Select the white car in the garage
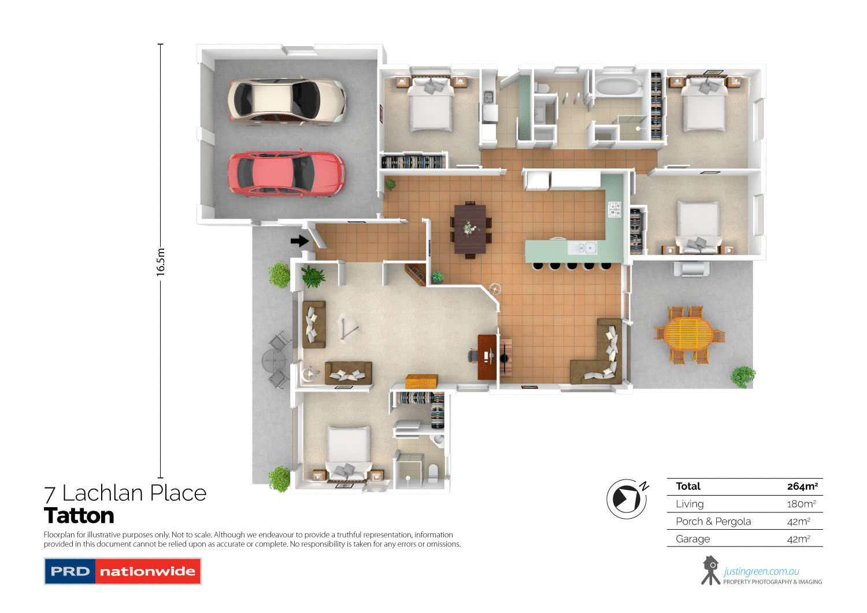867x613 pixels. click(287, 101)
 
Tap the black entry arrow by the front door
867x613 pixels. click(299, 241)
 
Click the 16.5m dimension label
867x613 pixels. click(161, 261)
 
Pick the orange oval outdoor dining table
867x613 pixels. click(688, 334)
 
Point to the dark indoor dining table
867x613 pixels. click(470, 229)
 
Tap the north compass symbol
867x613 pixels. click(627, 498)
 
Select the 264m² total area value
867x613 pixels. click(802, 486)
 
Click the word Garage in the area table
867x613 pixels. click(692, 539)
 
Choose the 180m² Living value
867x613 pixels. click(801, 504)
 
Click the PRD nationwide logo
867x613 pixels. click(123, 571)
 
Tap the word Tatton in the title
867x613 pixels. click(79, 516)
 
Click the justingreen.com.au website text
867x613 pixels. click(761, 571)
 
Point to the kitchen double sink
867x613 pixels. click(583, 248)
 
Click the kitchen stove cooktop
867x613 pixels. click(614, 209)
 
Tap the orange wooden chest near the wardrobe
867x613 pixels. click(421, 382)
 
